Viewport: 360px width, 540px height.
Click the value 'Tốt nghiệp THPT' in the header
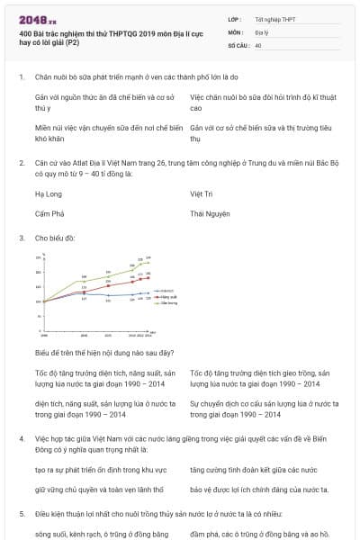point(274,18)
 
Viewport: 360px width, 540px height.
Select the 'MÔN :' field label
point(235,31)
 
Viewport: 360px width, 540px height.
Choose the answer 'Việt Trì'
point(202,193)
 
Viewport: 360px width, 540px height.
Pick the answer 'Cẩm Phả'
point(49,214)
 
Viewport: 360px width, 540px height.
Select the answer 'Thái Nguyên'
point(210,214)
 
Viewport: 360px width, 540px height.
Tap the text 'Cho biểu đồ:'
point(55,238)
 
